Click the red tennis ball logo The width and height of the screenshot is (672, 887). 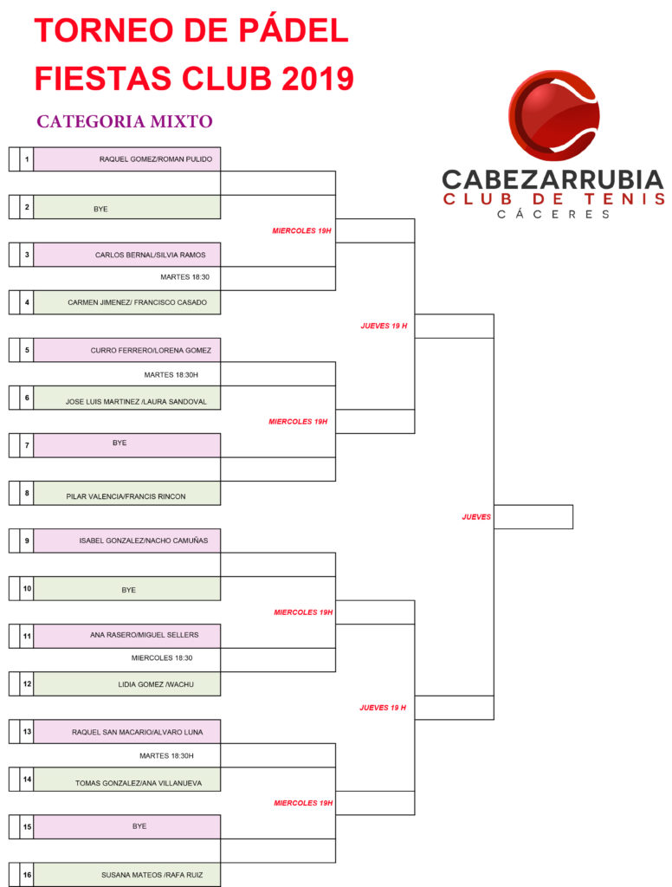point(553,115)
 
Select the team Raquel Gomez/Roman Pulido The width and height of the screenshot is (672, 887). point(156,159)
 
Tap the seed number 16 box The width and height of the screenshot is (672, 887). point(27,875)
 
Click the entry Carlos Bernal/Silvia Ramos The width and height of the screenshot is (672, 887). point(151,256)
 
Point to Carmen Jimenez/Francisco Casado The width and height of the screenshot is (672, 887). point(138,302)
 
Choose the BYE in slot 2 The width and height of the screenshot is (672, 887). point(100,210)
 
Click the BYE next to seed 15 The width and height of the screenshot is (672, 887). point(139,826)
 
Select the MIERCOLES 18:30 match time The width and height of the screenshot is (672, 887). point(162,658)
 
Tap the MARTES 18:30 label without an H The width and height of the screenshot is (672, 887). point(185,277)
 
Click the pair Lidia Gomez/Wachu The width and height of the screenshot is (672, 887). point(156,684)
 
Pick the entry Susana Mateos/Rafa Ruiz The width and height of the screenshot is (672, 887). point(152,875)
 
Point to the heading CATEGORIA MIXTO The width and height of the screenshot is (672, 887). point(125,121)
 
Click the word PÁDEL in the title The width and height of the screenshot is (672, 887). point(294,30)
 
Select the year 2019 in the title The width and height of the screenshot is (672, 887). point(318,78)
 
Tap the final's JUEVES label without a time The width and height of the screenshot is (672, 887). point(476,517)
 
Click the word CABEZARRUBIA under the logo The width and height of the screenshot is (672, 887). point(552,180)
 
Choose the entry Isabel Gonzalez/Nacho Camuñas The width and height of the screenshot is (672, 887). point(144,541)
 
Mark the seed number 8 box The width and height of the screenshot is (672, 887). point(27,493)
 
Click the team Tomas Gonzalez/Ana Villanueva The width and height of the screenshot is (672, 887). point(139,783)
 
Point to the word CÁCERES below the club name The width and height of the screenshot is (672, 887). point(553,215)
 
